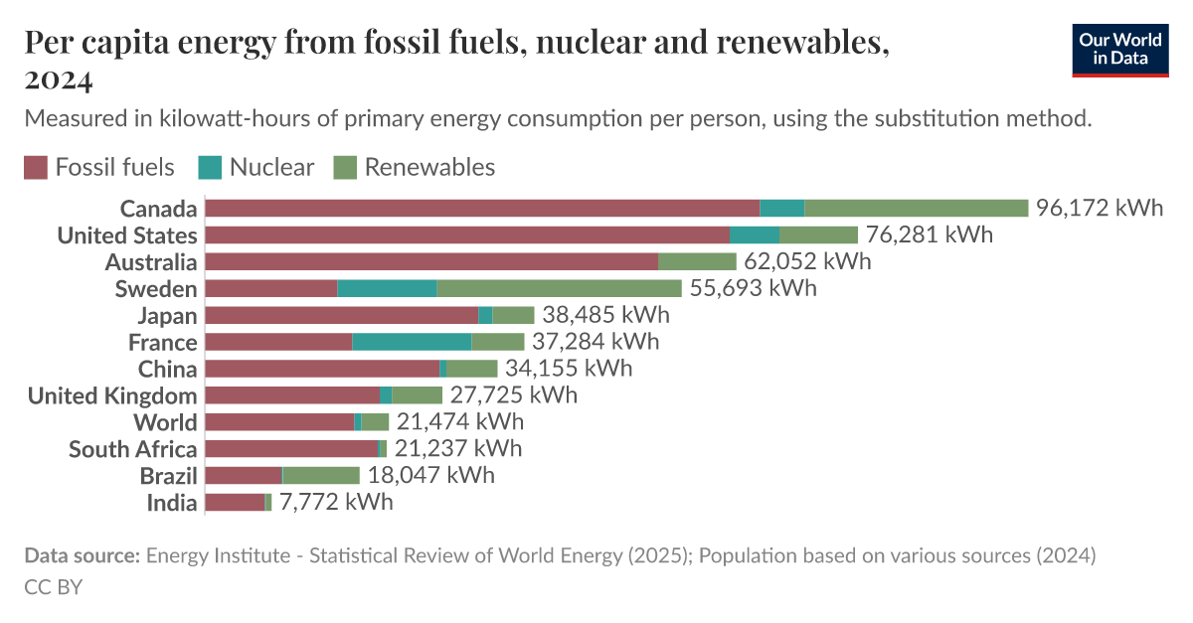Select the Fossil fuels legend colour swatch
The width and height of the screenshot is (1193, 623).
(x=36, y=167)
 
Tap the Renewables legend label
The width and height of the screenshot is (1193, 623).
(x=429, y=167)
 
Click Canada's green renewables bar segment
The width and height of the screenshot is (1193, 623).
(x=916, y=208)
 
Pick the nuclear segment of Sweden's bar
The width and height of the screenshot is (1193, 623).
(x=387, y=288)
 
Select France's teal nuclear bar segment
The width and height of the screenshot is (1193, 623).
(x=412, y=342)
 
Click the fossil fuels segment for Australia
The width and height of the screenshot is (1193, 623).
(x=431, y=261)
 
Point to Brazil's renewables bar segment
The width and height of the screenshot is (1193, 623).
(x=321, y=475)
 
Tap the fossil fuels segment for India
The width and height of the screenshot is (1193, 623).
(x=235, y=502)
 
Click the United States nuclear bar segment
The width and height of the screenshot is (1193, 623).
(x=754, y=234)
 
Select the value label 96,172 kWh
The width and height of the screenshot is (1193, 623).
(x=1099, y=208)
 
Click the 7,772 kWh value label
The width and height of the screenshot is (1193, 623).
(x=336, y=502)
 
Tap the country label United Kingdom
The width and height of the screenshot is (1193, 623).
(x=111, y=395)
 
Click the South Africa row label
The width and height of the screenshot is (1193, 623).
(x=132, y=449)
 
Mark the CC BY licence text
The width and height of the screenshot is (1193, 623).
(x=53, y=587)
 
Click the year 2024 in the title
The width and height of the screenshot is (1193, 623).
(x=57, y=78)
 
